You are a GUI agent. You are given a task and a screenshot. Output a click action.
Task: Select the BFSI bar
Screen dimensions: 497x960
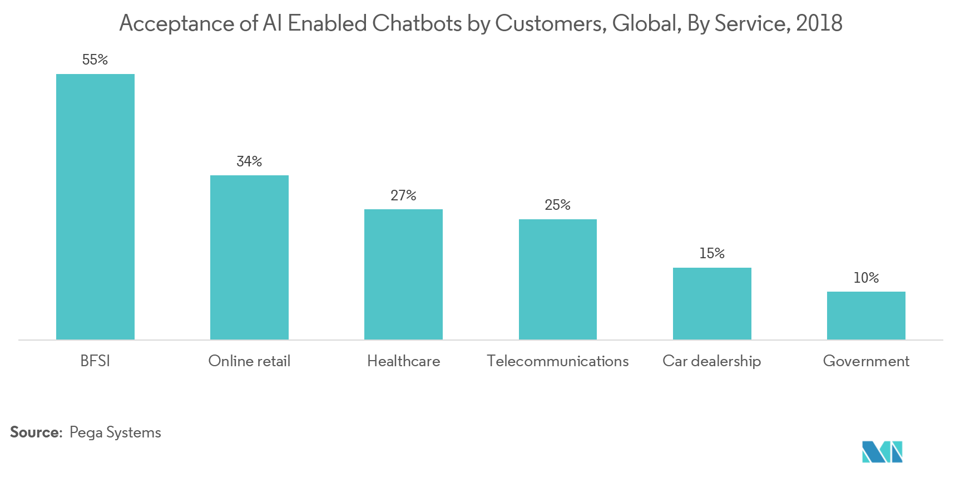[x=95, y=206]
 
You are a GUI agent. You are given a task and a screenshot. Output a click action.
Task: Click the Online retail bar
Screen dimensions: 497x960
[x=249, y=257]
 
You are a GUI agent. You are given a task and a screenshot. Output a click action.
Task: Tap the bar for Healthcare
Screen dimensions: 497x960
[x=403, y=274]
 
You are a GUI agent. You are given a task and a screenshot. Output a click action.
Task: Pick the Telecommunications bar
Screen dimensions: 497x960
[x=558, y=279]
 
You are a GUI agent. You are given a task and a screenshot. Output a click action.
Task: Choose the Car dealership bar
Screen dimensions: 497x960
[x=712, y=303]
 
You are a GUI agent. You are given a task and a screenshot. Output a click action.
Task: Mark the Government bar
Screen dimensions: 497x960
[x=866, y=316]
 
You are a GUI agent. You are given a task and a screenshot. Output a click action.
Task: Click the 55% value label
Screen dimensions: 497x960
[x=95, y=60]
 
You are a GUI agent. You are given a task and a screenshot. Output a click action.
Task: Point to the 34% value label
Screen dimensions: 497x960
[x=249, y=161]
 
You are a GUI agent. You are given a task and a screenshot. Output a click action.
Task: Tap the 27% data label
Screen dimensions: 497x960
[x=403, y=195]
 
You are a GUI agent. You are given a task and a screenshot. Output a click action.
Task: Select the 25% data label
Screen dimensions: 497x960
[x=558, y=205]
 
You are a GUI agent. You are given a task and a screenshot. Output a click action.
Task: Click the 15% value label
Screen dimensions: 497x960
[x=712, y=253]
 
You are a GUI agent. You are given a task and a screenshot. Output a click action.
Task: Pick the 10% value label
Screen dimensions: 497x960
[x=866, y=278]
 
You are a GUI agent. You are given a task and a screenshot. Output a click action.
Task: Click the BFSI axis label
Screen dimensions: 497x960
[x=95, y=361]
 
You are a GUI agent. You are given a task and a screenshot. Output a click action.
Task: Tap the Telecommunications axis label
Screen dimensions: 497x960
[x=558, y=361]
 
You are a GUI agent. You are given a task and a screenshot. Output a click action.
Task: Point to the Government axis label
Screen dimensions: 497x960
[x=866, y=361]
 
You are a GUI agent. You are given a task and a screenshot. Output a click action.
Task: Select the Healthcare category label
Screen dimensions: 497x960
[x=403, y=361]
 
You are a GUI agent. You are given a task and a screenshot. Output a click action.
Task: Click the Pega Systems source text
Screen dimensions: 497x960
[x=115, y=432]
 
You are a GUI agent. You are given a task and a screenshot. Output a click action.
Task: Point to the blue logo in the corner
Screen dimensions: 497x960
[x=882, y=451]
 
